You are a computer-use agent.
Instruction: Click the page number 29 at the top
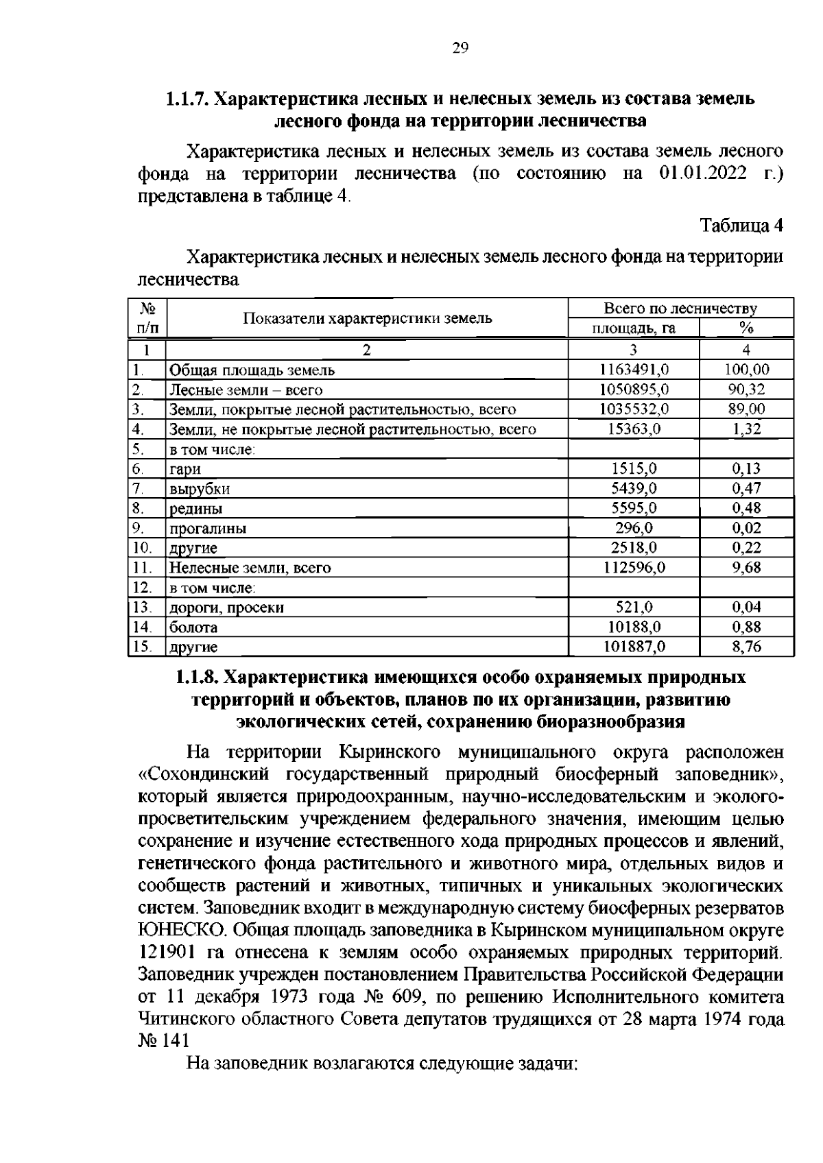click(x=460, y=47)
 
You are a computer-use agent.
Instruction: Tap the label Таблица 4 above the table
click(x=741, y=226)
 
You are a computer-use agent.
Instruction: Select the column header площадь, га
click(x=634, y=328)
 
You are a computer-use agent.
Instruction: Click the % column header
click(x=746, y=328)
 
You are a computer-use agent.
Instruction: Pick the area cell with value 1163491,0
click(x=634, y=370)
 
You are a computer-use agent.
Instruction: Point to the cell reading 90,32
click(x=746, y=389)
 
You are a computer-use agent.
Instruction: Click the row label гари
click(x=185, y=469)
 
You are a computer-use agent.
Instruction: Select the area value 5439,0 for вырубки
click(x=634, y=488)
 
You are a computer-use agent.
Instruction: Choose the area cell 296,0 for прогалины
click(x=634, y=528)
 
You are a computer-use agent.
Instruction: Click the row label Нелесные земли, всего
click(x=250, y=568)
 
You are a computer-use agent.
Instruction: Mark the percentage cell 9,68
click(x=746, y=567)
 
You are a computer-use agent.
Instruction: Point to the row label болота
click(x=193, y=627)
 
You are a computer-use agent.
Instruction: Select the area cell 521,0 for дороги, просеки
click(x=634, y=607)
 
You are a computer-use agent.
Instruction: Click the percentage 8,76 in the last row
click(x=746, y=646)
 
